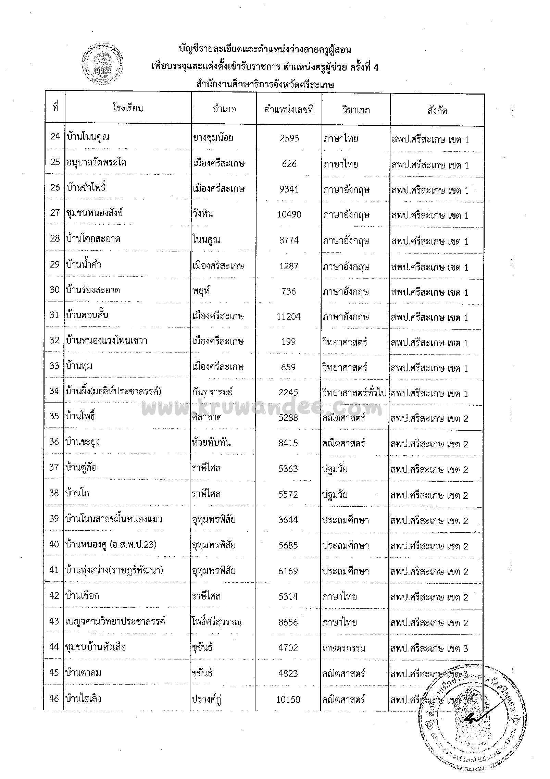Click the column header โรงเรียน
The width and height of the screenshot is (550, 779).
pos(128,109)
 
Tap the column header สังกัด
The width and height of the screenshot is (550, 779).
pos(437,111)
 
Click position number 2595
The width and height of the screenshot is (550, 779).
pos(289,138)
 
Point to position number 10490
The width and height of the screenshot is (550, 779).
pos(289,215)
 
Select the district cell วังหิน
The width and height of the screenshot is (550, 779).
pos(203,214)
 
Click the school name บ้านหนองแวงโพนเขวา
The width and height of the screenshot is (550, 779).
pos(107,341)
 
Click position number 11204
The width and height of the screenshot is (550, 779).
pos(289,317)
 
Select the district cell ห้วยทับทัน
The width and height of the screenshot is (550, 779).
pos(211,442)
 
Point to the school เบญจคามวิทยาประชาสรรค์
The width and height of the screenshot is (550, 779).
pos(115,621)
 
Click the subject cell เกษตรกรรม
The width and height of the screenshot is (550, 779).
pos(343,648)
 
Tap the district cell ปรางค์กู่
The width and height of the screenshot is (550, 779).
pos(207,699)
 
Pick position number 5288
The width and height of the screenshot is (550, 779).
pos(288,418)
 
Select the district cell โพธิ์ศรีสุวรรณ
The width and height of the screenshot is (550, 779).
pos(217,622)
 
